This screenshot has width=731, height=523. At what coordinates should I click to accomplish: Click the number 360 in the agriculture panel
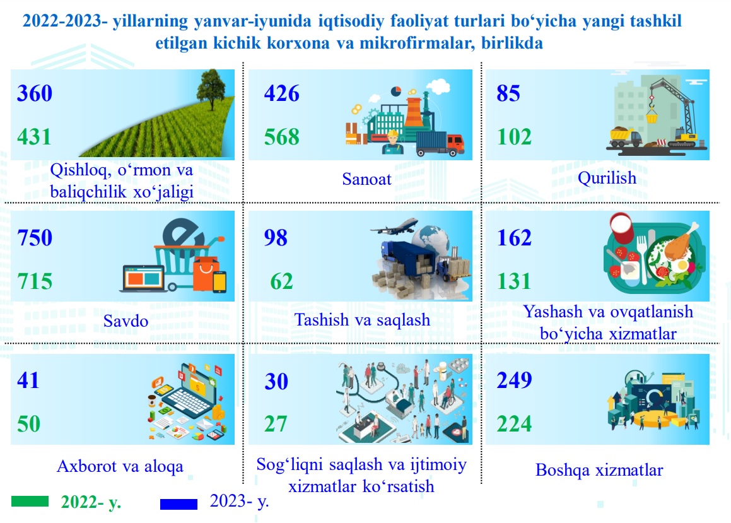(35, 93)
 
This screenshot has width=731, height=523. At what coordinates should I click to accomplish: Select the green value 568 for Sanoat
(281, 137)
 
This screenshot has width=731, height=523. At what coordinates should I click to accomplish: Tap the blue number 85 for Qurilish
(508, 93)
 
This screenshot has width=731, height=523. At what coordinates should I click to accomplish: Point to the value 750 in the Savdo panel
(35, 238)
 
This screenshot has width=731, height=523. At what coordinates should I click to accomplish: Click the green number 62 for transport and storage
(281, 281)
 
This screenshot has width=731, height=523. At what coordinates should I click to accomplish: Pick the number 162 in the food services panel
(514, 238)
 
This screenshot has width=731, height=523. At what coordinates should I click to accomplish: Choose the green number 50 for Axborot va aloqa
(28, 424)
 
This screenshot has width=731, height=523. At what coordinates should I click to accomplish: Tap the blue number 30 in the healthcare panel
(276, 381)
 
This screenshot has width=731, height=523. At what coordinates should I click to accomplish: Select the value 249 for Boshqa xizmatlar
(514, 380)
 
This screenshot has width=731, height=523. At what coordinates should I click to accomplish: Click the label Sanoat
(367, 179)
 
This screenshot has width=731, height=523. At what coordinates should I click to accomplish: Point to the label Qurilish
(607, 178)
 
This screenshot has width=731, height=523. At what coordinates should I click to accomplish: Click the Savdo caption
(126, 320)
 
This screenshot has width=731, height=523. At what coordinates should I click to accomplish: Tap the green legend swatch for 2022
(30, 501)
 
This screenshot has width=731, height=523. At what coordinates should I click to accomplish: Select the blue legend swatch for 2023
(178, 504)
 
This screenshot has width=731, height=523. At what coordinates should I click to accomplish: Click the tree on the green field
(212, 89)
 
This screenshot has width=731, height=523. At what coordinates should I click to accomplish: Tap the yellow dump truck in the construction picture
(625, 138)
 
